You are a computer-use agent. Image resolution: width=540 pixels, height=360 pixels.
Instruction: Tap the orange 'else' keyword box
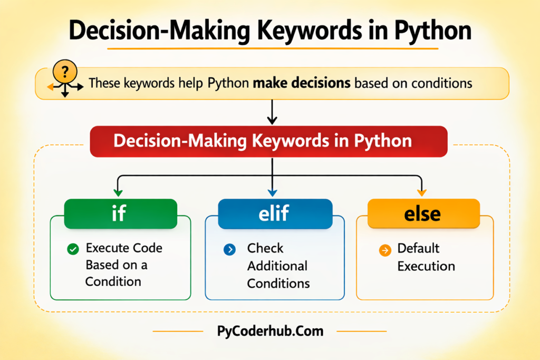coord(423,213)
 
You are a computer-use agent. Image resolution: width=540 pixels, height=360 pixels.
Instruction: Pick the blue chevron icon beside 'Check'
coord(229,249)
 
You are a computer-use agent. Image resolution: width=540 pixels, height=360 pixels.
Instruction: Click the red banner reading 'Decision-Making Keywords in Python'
coord(269,142)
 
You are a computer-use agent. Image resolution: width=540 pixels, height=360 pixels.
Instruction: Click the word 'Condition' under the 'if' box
coord(113,281)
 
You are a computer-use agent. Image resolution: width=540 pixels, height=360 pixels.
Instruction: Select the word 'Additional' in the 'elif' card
coord(277,266)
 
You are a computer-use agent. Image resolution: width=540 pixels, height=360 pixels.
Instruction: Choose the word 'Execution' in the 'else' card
coord(426,266)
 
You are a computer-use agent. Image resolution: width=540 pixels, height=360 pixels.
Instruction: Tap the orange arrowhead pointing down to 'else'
coord(421,192)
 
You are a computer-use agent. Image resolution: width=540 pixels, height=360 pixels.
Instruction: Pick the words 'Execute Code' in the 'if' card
coord(124,248)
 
